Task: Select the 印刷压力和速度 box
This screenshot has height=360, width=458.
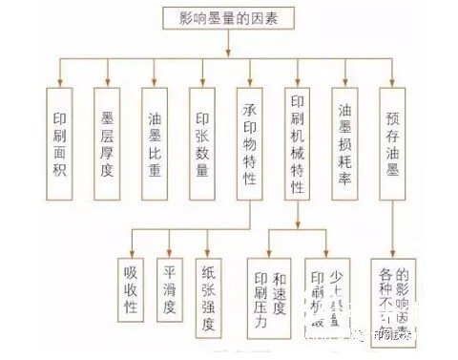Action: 267,296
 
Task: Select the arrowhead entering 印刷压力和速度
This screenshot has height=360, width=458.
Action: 267,253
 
